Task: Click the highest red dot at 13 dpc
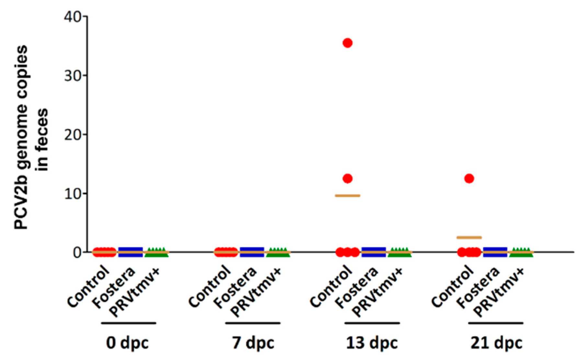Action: [x=348, y=43]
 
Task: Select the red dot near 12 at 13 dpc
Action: [x=348, y=178]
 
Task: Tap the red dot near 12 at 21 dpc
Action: [x=469, y=178]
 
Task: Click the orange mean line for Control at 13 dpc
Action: [x=348, y=196]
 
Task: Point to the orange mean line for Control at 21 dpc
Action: [x=469, y=237]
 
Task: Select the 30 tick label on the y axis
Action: [x=73, y=75]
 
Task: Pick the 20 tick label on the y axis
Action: [x=73, y=134]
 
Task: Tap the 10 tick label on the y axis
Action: [x=73, y=193]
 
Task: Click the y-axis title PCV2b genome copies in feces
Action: [x=31, y=138]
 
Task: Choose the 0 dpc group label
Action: [x=127, y=343]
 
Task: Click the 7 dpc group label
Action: [x=253, y=343]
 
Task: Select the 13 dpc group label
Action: [x=371, y=343]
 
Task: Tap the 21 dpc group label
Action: [x=496, y=343]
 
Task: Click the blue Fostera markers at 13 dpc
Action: [x=374, y=252]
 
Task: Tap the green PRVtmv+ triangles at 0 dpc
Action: [x=156, y=252]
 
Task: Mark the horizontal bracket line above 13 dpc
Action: [x=372, y=323]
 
